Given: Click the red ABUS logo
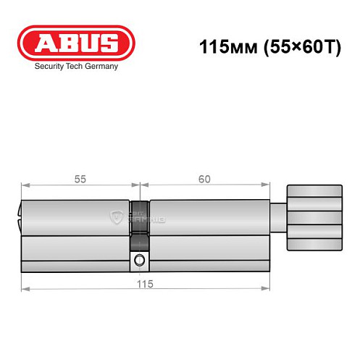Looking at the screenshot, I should [76, 43].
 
